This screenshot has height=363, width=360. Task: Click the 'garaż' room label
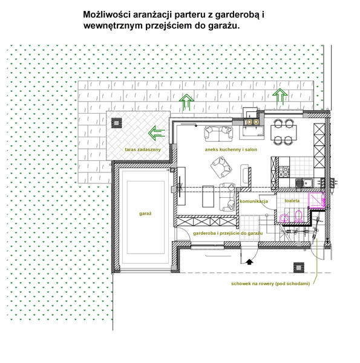point(145,214)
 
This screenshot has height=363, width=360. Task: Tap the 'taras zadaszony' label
point(143,149)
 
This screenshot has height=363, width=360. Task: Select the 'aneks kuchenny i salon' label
point(231,149)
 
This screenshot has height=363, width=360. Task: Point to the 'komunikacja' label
point(254,201)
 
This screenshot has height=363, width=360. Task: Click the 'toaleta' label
point(292,200)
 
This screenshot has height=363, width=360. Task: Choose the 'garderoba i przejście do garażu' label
point(228,233)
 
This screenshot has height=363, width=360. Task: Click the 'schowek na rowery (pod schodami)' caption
point(270,284)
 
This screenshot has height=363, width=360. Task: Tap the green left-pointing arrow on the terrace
point(157,133)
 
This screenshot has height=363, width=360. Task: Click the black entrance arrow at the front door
point(249,262)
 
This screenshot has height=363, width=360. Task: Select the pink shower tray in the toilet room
point(316,200)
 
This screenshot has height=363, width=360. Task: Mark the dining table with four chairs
point(284,132)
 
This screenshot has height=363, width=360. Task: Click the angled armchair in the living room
point(221,167)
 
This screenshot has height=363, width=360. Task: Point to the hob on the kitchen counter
point(284,172)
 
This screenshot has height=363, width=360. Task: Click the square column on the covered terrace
point(116,123)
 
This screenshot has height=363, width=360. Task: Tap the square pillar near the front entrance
point(299,267)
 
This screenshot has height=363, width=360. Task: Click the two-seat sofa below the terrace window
point(218,134)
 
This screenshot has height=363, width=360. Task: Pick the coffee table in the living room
point(208,196)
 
